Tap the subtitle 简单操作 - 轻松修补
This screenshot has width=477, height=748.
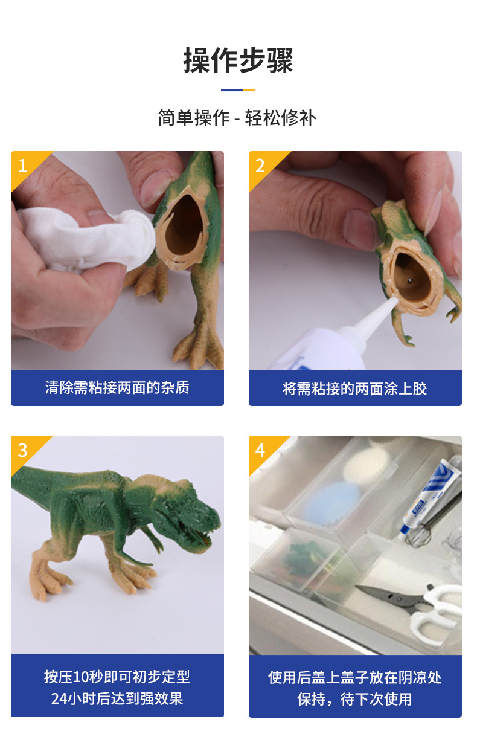click(x=237, y=118)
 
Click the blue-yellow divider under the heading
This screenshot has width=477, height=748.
click(x=238, y=90)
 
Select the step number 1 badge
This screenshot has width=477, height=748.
click(x=23, y=165)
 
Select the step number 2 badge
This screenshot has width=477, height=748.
click(x=260, y=165)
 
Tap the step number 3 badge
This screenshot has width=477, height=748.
click(x=23, y=450)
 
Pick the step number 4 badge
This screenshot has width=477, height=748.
click(x=260, y=450)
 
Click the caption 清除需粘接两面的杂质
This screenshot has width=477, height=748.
click(x=117, y=387)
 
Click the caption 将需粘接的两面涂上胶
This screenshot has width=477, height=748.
click(x=355, y=388)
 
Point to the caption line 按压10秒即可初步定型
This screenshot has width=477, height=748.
click(x=117, y=677)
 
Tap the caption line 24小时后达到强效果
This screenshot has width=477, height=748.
click(x=117, y=699)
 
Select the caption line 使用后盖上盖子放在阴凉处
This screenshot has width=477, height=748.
click(x=355, y=677)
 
